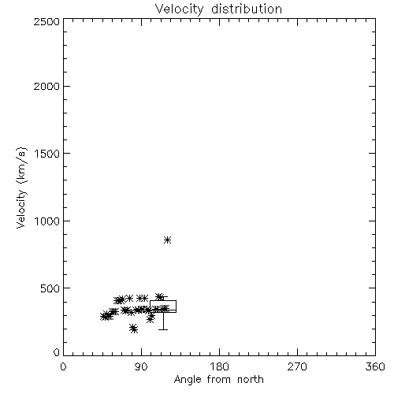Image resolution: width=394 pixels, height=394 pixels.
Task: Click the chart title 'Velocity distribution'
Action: click(218, 9)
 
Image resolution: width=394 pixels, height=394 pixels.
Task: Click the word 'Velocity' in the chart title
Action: click(179, 9)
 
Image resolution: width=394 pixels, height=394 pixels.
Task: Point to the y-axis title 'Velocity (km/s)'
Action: click(21, 188)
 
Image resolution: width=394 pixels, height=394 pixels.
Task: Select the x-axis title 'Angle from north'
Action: click(218, 380)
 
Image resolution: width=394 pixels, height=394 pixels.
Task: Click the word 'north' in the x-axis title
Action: click(251, 380)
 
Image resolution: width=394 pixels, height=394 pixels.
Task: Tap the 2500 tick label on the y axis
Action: click(46, 21)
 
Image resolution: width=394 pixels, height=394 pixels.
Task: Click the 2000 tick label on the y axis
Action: click(46, 86)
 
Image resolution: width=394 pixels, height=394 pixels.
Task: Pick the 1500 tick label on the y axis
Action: click(47, 154)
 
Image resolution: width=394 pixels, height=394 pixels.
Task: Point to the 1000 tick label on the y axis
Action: click(47, 221)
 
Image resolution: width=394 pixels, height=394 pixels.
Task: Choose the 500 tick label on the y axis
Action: click(50, 288)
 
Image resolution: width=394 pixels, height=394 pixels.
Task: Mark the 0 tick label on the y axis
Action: click(57, 352)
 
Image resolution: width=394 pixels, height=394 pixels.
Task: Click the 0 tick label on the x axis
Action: click(63, 366)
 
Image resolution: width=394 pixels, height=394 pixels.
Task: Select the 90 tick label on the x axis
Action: click(141, 366)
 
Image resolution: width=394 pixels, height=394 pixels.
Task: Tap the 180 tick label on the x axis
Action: click(219, 366)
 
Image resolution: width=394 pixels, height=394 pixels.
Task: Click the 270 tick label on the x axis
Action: click(297, 366)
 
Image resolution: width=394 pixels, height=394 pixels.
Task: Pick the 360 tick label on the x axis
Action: click(375, 366)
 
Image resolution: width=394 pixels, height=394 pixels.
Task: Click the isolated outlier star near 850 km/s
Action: click(167, 240)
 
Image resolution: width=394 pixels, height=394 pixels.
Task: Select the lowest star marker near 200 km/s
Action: click(134, 329)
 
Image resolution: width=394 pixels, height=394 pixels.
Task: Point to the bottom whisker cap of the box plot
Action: click(163, 329)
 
